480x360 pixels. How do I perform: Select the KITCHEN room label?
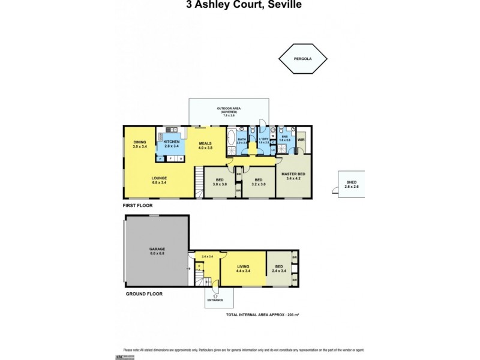click(172, 142)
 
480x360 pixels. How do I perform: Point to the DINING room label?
click(139, 143)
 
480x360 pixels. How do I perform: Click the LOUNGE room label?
click(159, 178)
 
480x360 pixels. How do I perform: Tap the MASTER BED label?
click(293, 175)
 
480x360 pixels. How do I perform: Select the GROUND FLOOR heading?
click(144, 294)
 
